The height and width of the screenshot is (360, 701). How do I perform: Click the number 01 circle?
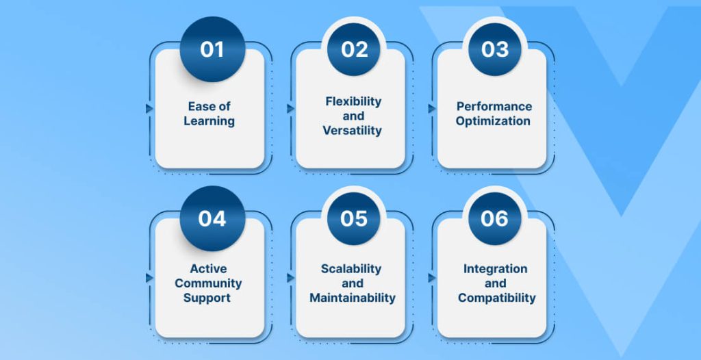pyautogui.click(x=212, y=49)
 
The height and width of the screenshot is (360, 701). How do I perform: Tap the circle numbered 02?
pyautogui.click(x=354, y=49)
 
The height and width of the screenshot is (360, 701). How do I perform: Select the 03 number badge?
pyautogui.click(x=495, y=49)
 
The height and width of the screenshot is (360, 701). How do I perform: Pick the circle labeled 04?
pyautogui.click(x=212, y=218)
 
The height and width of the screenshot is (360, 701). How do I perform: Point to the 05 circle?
pyautogui.click(x=354, y=218)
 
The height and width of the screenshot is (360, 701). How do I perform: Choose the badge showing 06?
pyautogui.click(x=495, y=218)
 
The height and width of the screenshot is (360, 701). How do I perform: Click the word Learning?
pyautogui.click(x=209, y=121)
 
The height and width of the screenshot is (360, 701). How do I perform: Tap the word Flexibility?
pyautogui.click(x=353, y=101)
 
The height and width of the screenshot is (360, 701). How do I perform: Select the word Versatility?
pyautogui.click(x=353, y=131)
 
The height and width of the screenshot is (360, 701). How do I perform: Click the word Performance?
pyautogui.click(x=494, y=107)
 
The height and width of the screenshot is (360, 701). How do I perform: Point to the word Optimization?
pyautogui.click(x=493, y=121)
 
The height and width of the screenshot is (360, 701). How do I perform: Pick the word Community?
pyautogui.click(x=208, y=283)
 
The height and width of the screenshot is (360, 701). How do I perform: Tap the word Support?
pyautogui.click(x=207, y=298)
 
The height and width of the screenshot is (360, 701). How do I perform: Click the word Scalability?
pyautogui.click(x=351, y=269)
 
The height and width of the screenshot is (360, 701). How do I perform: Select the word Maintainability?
pyautogui.click(x=353, y=298)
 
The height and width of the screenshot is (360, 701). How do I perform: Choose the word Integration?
pyautogui.click(x=495, y=269)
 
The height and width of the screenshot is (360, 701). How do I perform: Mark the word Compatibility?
pyautogui.click(x=497, y=298)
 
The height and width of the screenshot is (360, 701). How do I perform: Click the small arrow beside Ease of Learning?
pyautogui.click(x=149, y=109)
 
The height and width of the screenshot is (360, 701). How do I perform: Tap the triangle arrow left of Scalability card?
pyautogui.click(x=290, y=278)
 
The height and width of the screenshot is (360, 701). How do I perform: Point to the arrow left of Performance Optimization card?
pyautogui.click(x=432, y=109)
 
